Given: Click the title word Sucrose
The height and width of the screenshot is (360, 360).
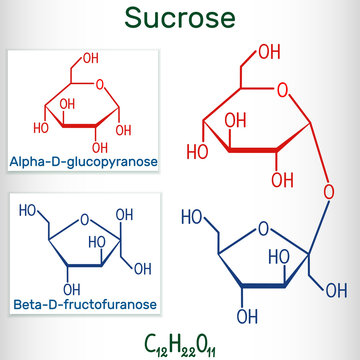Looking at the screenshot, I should [180, 17].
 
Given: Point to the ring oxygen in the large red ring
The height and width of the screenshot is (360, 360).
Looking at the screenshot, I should [283, 96].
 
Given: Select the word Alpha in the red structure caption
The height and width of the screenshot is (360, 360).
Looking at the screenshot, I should [27, 160].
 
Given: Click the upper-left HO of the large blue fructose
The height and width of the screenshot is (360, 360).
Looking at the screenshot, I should [192, 216].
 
